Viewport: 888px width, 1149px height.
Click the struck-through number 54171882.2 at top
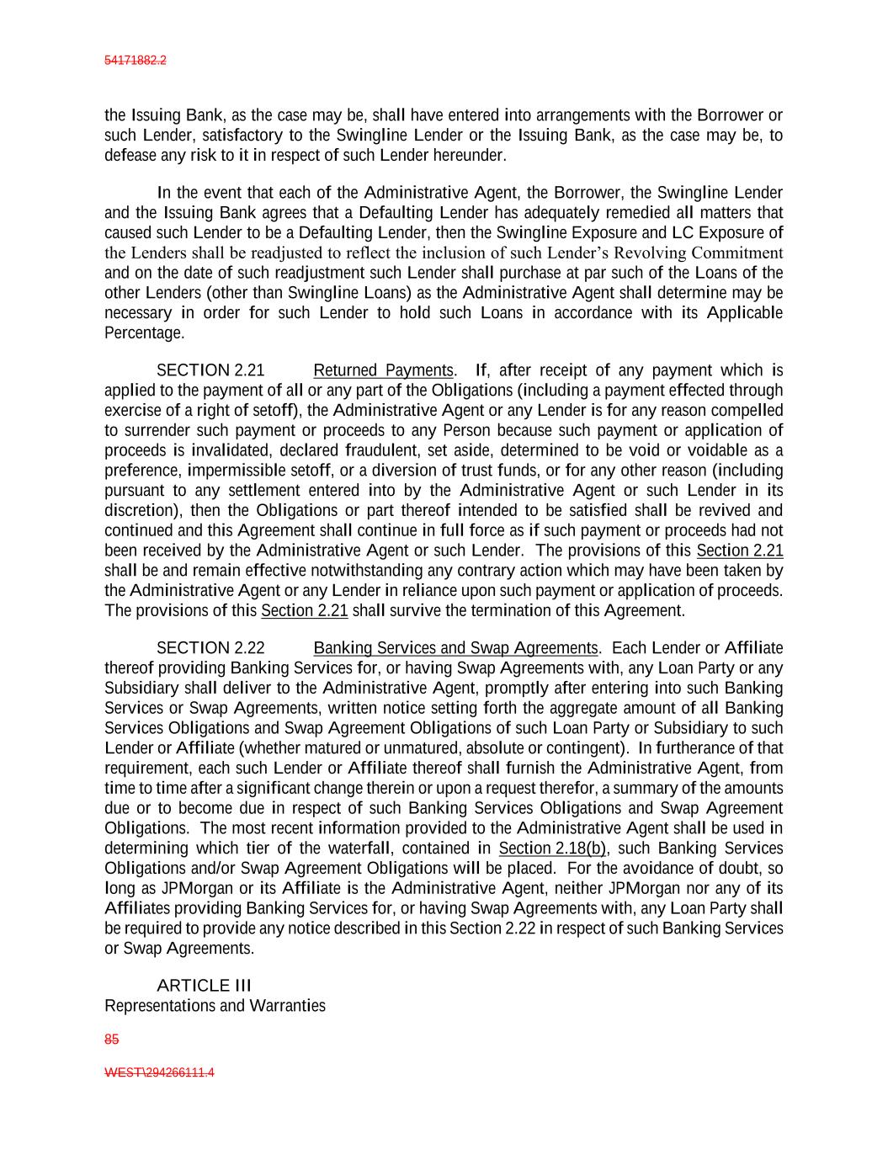[x=135, y=61]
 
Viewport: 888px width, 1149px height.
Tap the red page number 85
[x=111, y=1040]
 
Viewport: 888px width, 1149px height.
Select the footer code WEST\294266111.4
[x=159, y=1073]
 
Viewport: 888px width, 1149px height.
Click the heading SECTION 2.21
[x=210, y=370]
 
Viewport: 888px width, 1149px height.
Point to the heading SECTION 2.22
[x=210, y=648]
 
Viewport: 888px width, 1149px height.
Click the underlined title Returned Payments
[x=383, y=370]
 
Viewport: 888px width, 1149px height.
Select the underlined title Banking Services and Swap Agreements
[x=455, y=648]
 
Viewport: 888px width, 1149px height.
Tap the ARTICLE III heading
[x=205, y=985]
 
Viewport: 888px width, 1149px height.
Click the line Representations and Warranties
[x=215, y=1006]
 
